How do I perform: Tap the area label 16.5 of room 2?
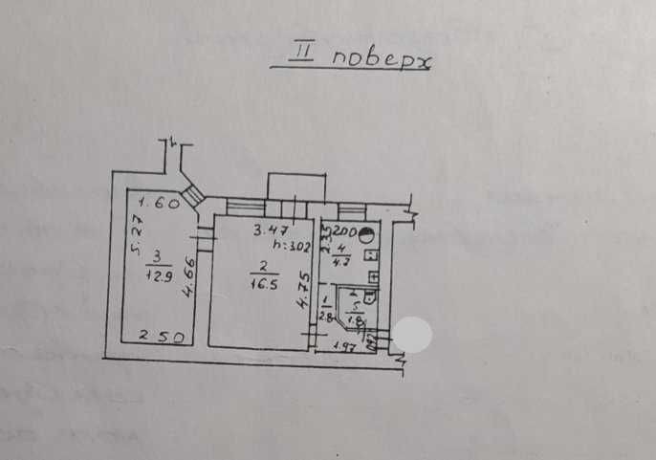point(258,285)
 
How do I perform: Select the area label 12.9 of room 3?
point(155,278)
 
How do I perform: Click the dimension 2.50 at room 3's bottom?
point(158,336)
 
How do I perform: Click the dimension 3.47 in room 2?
point(271,230)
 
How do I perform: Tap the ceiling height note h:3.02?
point(292,245)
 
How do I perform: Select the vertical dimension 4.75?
point(302,292)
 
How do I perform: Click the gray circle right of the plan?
point(412,334)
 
